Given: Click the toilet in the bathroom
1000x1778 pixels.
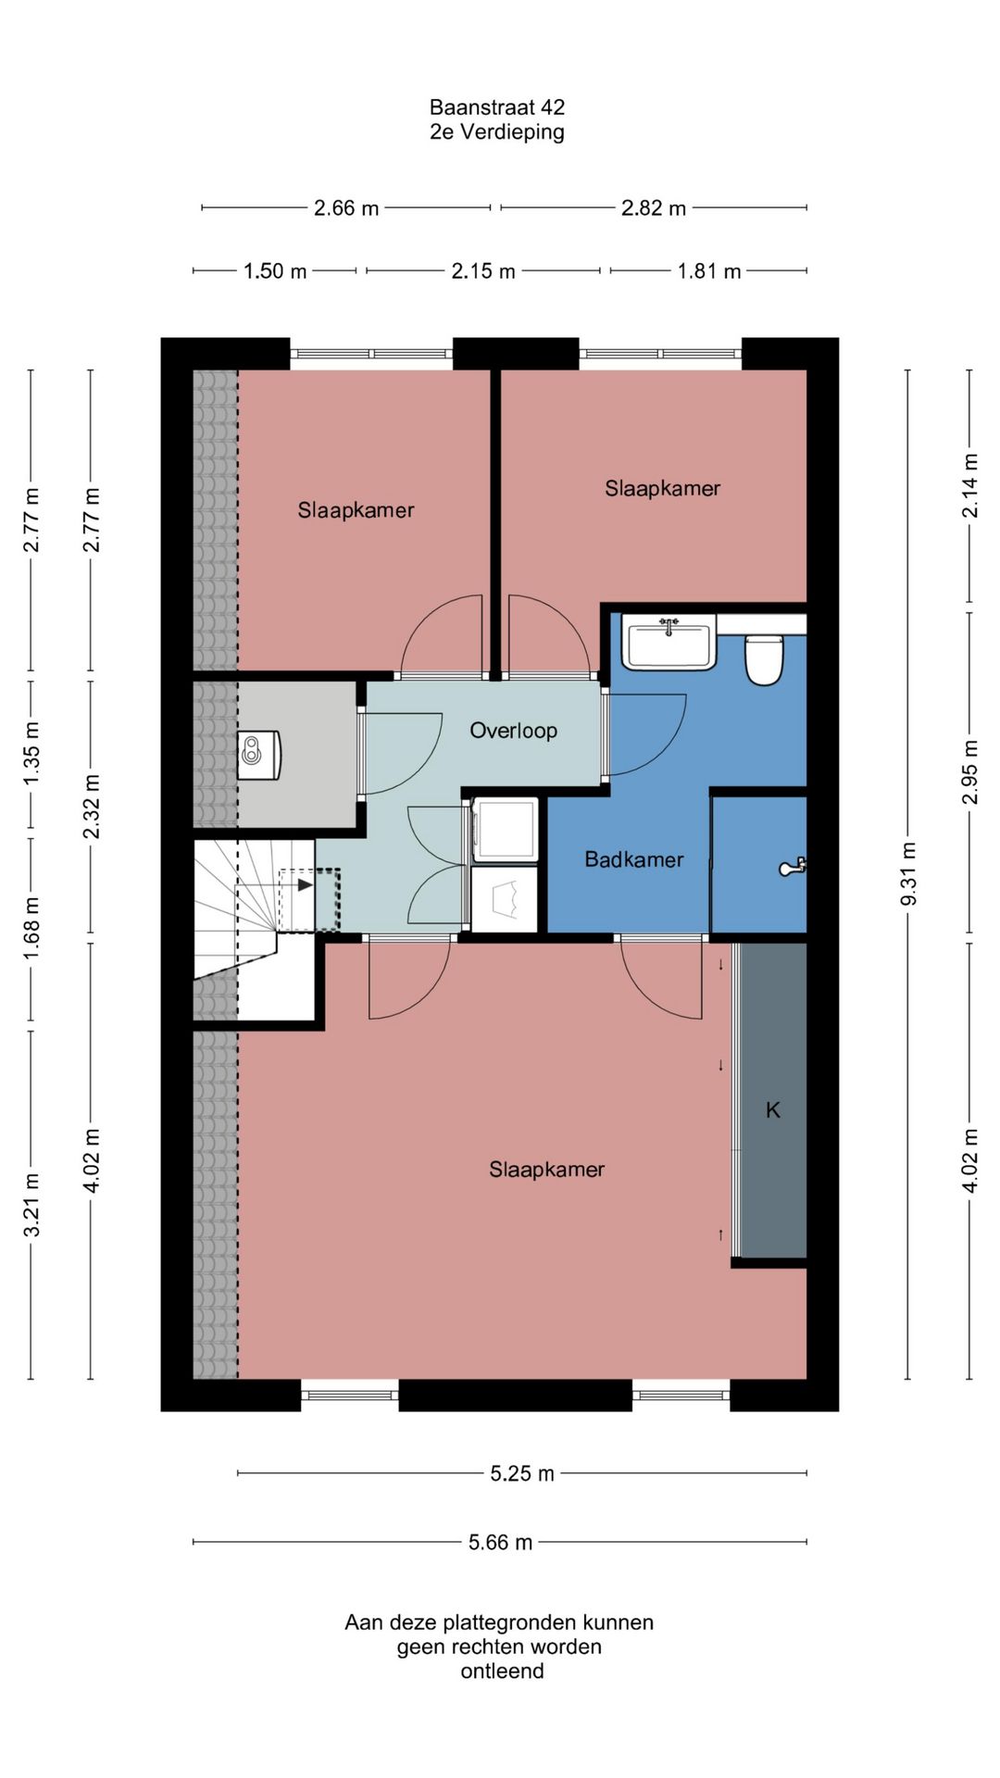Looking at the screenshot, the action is [x=764, y=658].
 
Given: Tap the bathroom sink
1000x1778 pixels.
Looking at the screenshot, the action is [x=669, y=641].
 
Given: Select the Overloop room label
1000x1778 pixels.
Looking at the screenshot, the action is [x=514, y=731].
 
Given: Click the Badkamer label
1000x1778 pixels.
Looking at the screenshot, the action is [x=634, y=859].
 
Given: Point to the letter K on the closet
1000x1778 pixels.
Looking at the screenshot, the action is [x=773, y=1109].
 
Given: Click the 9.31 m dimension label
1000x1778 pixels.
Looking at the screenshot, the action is [x=908, y=874].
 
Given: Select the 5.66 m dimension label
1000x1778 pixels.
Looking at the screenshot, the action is [x=500, y=1542].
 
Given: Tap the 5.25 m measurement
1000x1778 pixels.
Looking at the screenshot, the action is [x=522, y=1473].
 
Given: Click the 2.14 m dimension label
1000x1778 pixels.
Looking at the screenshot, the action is [x=969, y=485].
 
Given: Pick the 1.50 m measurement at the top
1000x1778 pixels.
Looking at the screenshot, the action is [x=275, y=271].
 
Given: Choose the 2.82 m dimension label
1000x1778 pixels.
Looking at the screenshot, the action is [x=654, y=208].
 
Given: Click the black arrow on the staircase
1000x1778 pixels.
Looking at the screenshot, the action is [x=305, y=884].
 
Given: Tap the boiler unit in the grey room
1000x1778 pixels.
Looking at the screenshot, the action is [x=260, y=755].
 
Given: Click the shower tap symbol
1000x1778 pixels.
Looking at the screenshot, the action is [x=792, y=867].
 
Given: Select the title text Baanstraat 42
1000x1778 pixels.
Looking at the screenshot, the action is [x=497, y=107].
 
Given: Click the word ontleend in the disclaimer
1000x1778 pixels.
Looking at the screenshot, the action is [x=503, y=1672].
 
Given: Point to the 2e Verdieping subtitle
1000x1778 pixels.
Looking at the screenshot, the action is [x=497, y=131].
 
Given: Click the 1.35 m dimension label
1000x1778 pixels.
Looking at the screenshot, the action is [x=31, y=753].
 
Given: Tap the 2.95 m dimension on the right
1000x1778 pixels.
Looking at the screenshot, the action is [x=969, y=772].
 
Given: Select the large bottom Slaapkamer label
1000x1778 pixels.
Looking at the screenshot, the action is [x=547, y=1170].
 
